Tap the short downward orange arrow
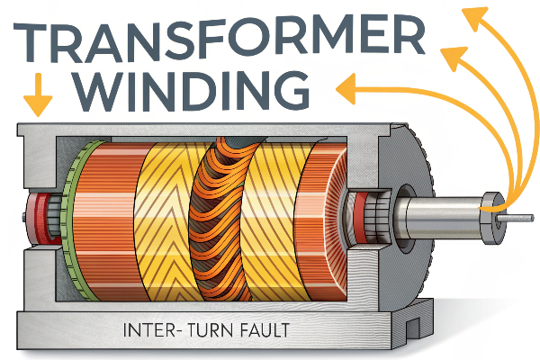(37, 98)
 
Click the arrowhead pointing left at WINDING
(343, 87)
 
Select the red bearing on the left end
(39, 219)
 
